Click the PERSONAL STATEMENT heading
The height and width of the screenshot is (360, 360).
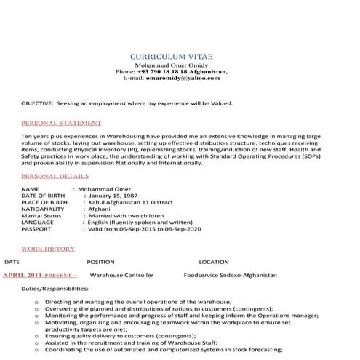click(61, 123)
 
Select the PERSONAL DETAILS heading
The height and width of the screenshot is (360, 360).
click(55, 176)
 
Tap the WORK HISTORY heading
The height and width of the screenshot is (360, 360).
click(48, 249)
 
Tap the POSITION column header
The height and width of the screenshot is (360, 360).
click(100, 261)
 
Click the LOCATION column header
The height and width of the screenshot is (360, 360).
click(214, 261)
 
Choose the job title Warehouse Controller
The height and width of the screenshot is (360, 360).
click(121, 276)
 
